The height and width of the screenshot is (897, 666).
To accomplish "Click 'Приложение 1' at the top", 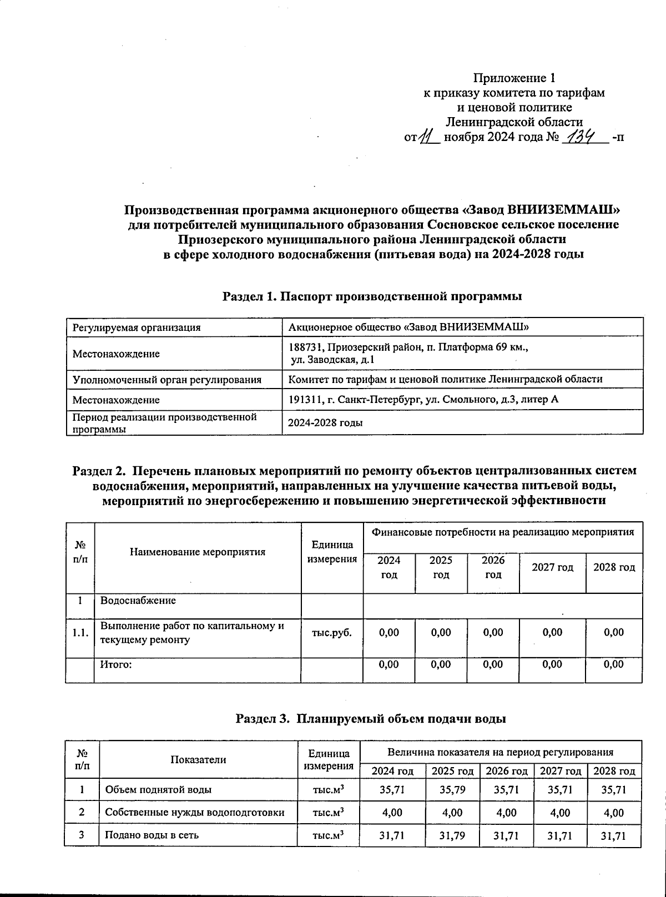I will [514, 78].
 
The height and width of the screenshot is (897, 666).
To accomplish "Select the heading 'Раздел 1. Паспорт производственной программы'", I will [372, 296].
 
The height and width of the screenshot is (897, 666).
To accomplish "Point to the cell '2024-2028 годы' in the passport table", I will [325, 423].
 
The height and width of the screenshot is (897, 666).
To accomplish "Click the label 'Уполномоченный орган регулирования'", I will [167, 380].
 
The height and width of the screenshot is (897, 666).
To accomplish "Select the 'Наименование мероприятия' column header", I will [198, 552].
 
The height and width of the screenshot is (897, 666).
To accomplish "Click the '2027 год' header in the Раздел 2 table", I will [552, 567].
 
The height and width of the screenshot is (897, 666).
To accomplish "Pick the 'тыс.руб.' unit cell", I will [332, 632].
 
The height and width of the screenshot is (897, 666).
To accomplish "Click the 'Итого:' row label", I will [115, 664].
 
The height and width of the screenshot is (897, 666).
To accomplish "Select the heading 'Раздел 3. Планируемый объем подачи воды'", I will [371, 719].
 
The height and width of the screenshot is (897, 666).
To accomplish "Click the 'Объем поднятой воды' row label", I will [158, 789].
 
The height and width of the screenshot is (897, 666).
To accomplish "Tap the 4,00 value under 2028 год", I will [614, 813].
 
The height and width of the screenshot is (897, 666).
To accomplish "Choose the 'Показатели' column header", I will [198, 760].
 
